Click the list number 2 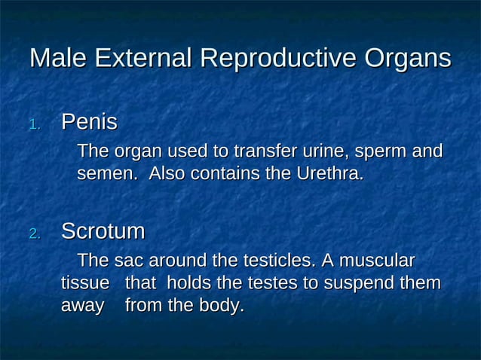34,234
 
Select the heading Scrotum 103,231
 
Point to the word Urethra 329,174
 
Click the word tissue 84,284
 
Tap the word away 82,307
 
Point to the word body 222,307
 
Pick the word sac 129,261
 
